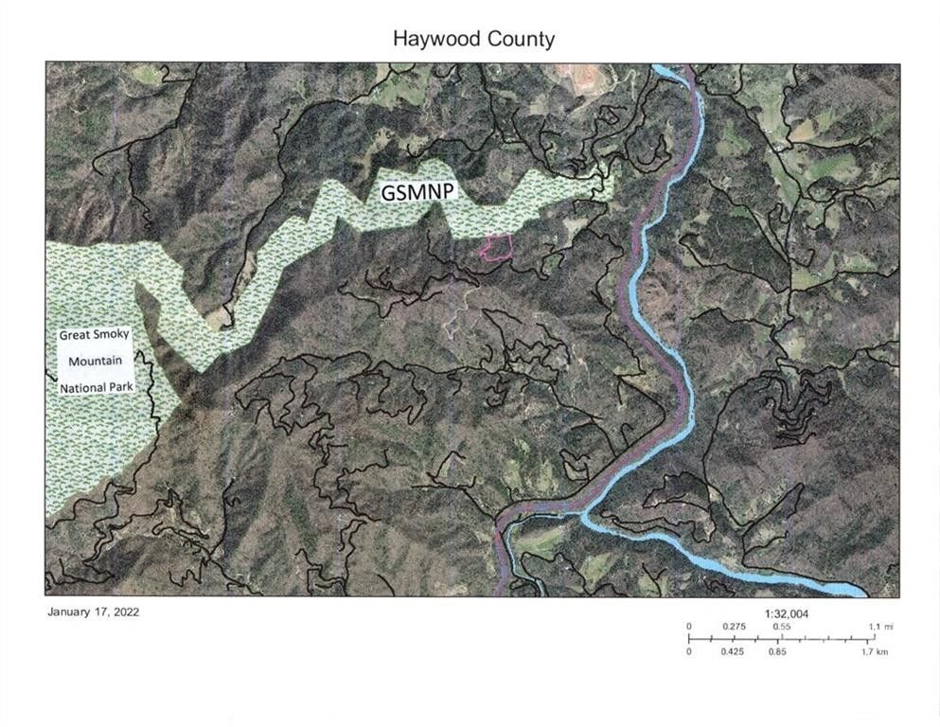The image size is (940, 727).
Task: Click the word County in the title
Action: click(520, 39)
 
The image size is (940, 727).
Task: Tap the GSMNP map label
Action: click(417, 191)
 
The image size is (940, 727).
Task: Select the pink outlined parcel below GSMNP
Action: click(497, 247)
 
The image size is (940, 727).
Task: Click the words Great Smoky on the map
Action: click(94, 335)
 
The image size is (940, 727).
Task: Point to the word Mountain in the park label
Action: click(94, 361)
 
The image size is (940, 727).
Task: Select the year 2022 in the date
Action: click(125, 612)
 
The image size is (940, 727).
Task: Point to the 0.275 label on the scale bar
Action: click(735, 627)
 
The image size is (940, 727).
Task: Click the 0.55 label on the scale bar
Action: click(782, 627)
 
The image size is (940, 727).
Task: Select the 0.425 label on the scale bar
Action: click(735, 651)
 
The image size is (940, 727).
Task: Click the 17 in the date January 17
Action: click(99, 612)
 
